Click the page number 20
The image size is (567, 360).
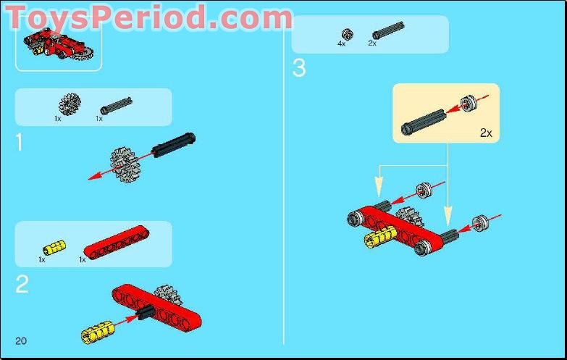pyautogui.click(x=20, y=340)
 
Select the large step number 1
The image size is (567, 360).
pyautogui.click(x=20, y=143)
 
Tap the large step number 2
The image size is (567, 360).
pyautogui.click(x=22, y=283)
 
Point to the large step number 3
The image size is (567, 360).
pyautogui.click(x=299, y=69)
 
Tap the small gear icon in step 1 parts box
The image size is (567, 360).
pyautogui.click(x=70, y=104)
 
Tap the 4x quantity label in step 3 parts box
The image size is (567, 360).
pyautogui.click(x=342, y=44)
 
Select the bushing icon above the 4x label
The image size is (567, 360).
pyautogui.click(x=347, y=33)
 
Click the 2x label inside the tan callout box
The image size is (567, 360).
pyautogui.click(x=485, y=133)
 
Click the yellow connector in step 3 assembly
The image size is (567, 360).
pyautogui.click(x=380, y=240)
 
